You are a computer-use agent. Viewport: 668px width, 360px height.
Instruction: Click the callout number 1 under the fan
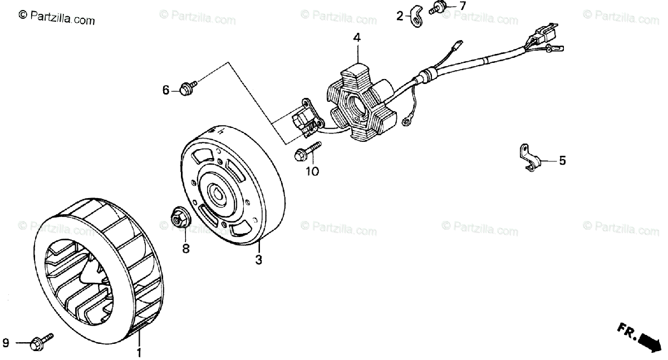point(139,352)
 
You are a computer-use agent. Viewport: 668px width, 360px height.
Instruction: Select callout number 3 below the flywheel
point(258,259)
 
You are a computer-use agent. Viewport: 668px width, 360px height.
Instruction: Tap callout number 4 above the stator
point(356,38)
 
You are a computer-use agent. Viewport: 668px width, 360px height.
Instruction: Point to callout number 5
point(562,161)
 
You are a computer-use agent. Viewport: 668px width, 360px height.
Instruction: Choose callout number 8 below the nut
point(186,248)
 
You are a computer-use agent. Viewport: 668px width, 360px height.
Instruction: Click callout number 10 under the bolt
point(312,171)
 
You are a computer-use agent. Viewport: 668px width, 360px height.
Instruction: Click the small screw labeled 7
point(436,8)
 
